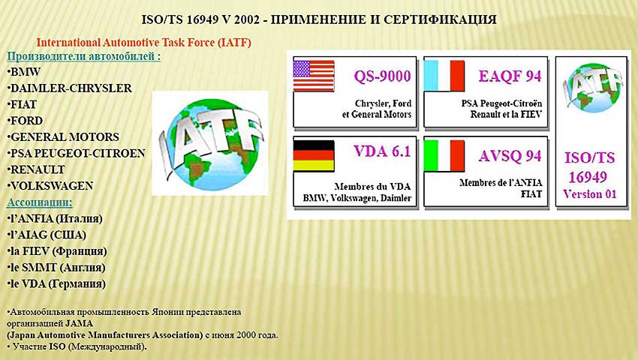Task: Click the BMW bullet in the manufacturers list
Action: point(24,72)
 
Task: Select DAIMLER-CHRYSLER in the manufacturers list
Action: point(70,88)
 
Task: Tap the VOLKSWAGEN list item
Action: point(50,186)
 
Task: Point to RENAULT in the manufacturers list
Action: point(36,169)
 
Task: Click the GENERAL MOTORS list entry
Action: point(63,137)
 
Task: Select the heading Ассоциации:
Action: point(40,202)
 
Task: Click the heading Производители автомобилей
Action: point(84,56)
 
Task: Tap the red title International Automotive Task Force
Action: point(143,42)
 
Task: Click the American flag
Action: point(314,76)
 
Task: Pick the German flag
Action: point(314,155)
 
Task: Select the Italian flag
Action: point(444,155)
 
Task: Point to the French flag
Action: point(444,76)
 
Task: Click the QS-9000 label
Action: point(382,76)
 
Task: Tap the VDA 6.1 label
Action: point(382,151)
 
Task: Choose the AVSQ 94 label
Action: point(510,156)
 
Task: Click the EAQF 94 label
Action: point(510,76)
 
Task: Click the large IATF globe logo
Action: point(210,143)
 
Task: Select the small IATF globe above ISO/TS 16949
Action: point(592,88)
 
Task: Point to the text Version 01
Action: point(589,194)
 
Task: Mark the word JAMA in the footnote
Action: point(79,324)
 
